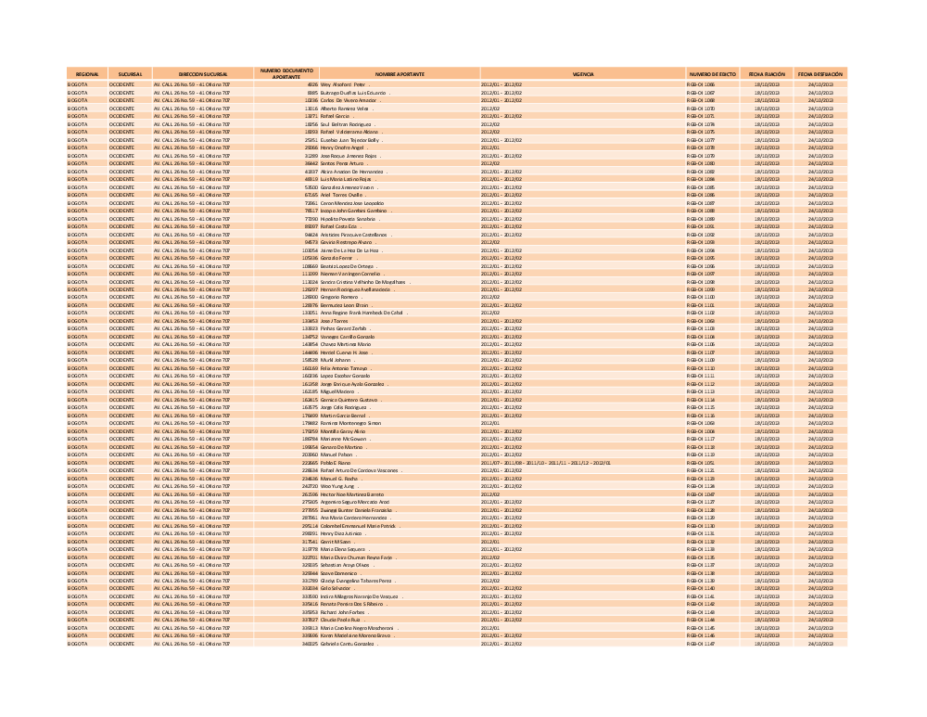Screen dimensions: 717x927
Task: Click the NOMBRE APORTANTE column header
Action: point(400,72)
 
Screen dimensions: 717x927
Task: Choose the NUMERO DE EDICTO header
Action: point(711,72)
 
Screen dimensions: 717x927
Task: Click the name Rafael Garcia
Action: point(336,116)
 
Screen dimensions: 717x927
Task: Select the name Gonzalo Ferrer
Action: point(340,258)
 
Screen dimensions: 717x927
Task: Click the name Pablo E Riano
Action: point(337,462)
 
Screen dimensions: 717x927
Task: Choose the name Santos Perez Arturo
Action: point(340,163)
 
